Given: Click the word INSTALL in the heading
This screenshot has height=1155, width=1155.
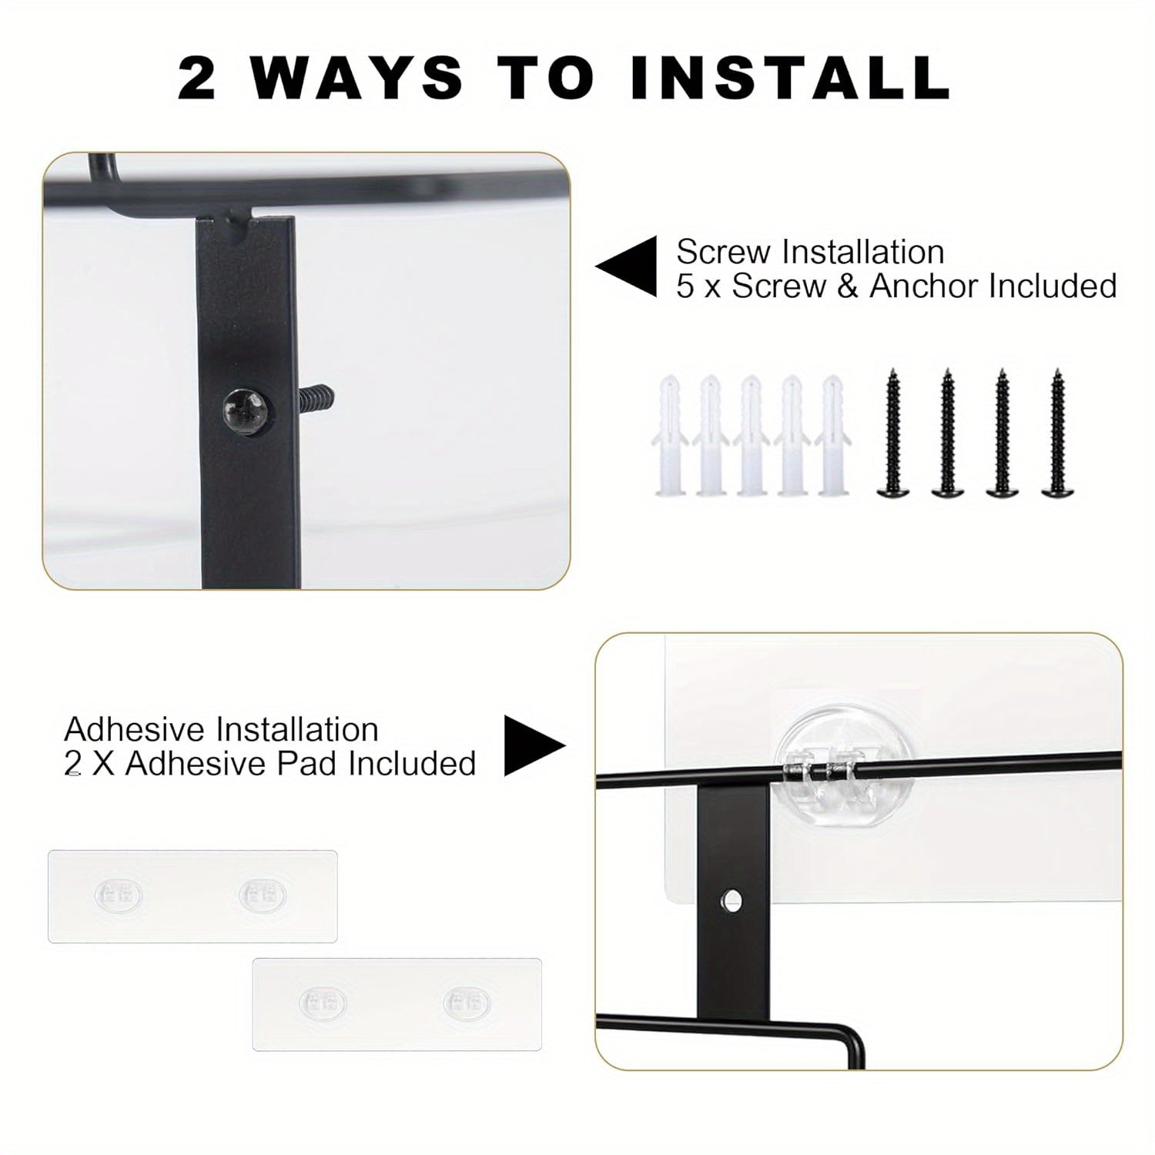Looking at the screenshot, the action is coord(791,78).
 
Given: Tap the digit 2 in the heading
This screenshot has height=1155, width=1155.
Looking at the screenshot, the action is coord(197,78).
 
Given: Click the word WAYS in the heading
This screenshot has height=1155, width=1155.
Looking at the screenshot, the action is coord(357,78).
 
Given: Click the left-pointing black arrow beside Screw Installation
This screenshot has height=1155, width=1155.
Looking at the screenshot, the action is coord(626,266).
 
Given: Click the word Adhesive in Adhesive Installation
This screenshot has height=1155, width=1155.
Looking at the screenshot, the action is coord(138,729).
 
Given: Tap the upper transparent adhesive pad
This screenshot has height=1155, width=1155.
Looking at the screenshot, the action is coord(192,896).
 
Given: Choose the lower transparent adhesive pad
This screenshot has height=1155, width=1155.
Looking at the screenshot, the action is coord(397,1004).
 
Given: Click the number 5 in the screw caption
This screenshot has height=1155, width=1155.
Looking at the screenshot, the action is coord(685,286).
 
